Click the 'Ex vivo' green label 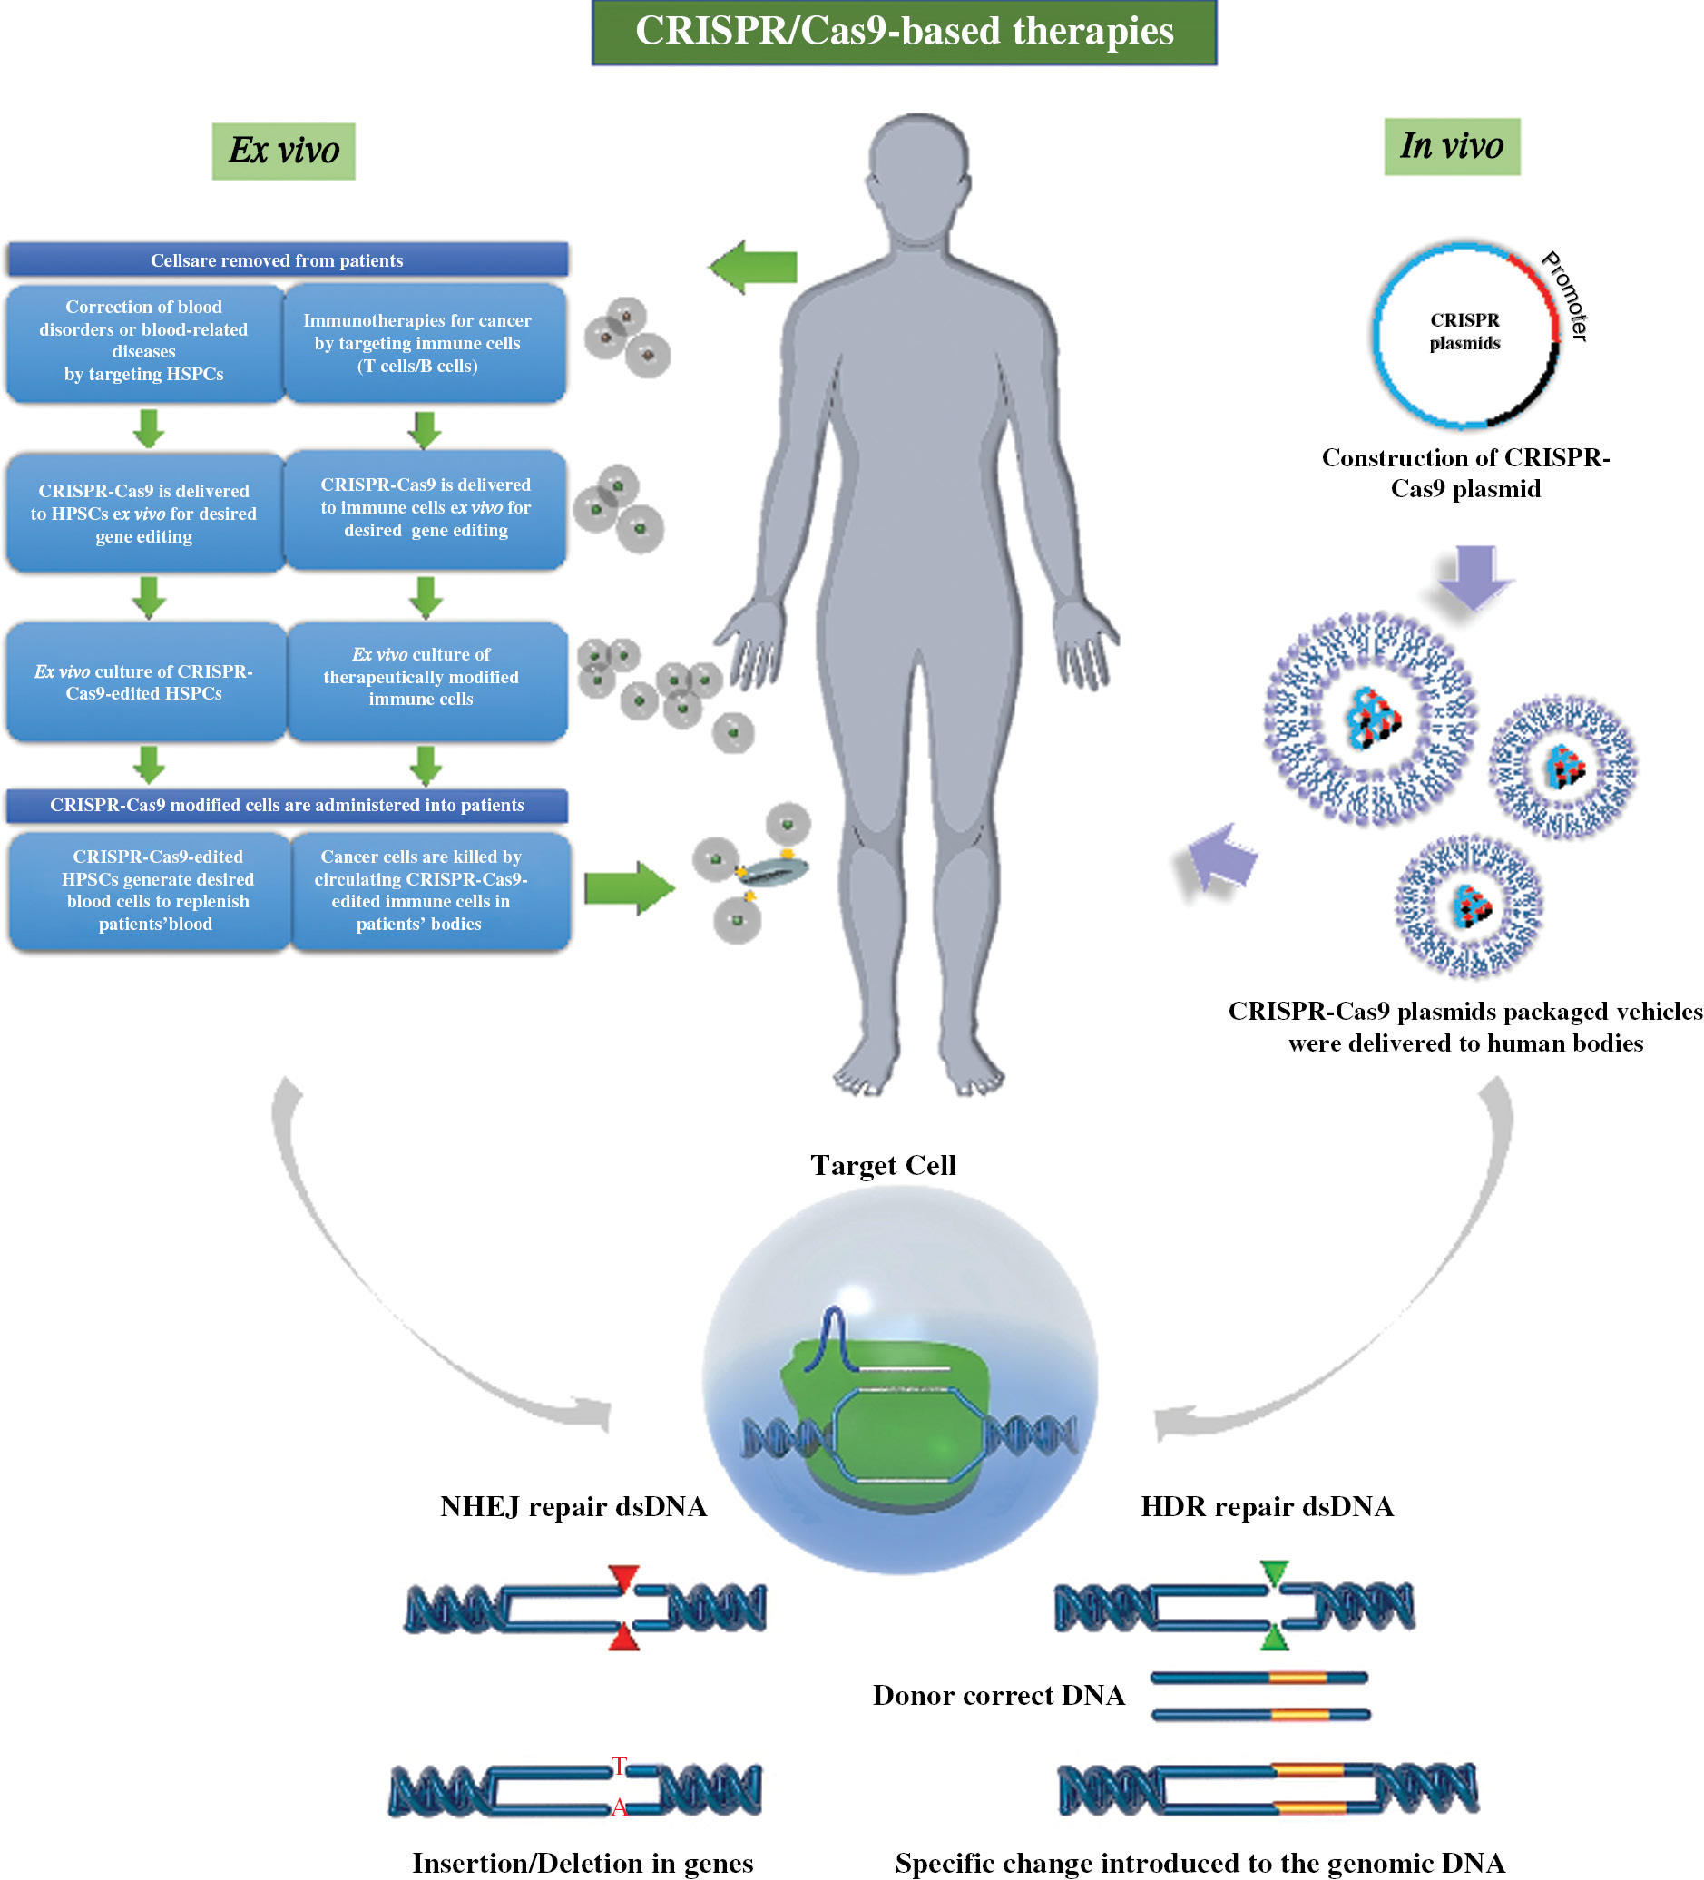coord(283,151)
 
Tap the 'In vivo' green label coord(1451,146)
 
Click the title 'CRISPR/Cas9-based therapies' coord(904,33)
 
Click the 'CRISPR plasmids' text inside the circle coord(1464,331)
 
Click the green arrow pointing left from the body coord(753,267)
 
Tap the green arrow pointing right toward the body coord(630,887)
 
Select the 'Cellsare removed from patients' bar coord(288,260)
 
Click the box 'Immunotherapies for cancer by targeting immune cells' coord(425,343)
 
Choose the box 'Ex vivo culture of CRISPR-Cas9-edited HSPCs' coord(145,681)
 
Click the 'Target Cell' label coord(883,1165)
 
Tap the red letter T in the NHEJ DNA coord(619,1766)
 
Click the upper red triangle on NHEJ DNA coord(623,1577)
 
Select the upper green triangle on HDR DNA coord(1274,1572)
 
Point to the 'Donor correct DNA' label coord(998,1694)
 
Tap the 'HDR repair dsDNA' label coord(1267,1506)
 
